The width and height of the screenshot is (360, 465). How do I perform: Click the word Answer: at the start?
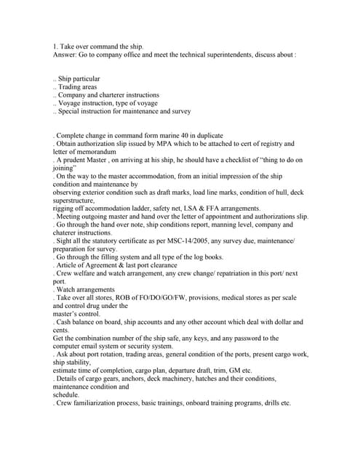point(64,54)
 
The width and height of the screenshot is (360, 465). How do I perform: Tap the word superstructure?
point(76,201)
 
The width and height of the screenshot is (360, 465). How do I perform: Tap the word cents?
point(61,329)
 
